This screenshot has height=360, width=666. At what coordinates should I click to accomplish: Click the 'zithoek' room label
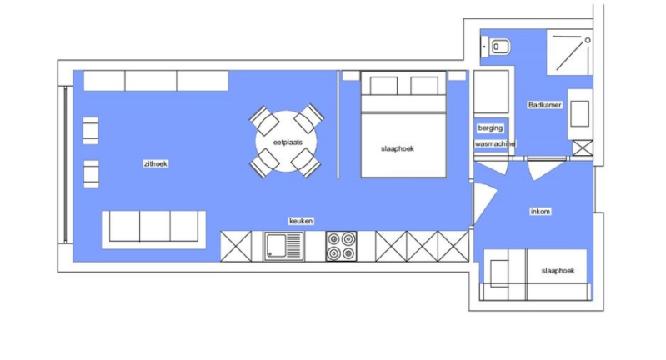[x=156, y=164]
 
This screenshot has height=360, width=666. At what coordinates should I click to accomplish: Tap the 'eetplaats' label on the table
[x=288, y=142]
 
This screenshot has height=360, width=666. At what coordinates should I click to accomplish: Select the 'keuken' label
[x=301, y=221]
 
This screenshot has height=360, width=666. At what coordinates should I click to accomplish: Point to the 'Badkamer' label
[x=545, y=105]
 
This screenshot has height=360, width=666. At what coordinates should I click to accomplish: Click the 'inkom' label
[x=540, y=212]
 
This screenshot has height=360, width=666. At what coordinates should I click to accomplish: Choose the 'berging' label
[x=490, y=127]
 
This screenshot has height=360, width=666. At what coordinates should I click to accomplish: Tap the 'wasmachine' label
[x=495, y=144]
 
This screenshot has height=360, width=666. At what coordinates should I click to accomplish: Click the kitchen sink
[x=283, y=246]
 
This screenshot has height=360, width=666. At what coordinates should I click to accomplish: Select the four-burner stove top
[x=341, y=246]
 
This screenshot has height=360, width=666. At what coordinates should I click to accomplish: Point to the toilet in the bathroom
[x=496, y=47]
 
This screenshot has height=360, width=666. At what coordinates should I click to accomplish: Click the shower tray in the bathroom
[x=569, y=52]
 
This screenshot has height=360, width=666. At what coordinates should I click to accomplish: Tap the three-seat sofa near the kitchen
[x=153, y=230]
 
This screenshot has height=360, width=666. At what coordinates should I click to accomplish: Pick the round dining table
[x=286, y=142]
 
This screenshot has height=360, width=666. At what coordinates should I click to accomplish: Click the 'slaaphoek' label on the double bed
[x=397, y=148]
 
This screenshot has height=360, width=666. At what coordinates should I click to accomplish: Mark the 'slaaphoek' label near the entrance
[x=558, y=271]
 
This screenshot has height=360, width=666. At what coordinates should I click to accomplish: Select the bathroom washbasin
[x=580, y=114]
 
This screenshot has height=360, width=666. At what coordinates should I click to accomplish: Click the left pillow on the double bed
[x=383, y=86]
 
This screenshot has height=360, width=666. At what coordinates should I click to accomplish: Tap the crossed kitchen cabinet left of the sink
[x=236, y=246]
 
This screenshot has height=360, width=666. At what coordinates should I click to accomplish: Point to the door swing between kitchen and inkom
[x=484, y=204]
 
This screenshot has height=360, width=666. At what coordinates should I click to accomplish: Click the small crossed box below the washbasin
[x=583, y=147]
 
